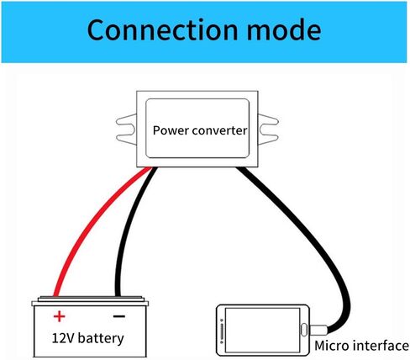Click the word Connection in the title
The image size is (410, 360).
pyautogui.click(x=162, y=29)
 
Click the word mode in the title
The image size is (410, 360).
pyautogui.click(x=284, y=29)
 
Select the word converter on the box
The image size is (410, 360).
pyautogui.click(x=220, y=130)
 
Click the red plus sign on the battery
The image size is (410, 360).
pyautogui.click(x=59, y=316)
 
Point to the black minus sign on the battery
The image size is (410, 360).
pyautogui.click(x=119, y=316)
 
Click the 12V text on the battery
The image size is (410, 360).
pyautogui.click(x=63, y=338)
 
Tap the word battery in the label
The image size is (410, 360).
pyautogui.click(x=101, y=338)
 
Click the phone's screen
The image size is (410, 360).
pyautogui.click(x=262, y=331)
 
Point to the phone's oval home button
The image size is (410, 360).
pyautogui.click(x=304, y=330)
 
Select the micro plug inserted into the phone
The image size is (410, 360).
pyautogui.click(x=318, y=330)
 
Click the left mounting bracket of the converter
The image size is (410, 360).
pyautogui.click(x=126, y=130)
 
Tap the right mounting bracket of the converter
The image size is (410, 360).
pyautogui.click(x=268, y=130)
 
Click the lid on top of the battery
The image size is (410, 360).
pyautogui.click(x=90, y=301)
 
